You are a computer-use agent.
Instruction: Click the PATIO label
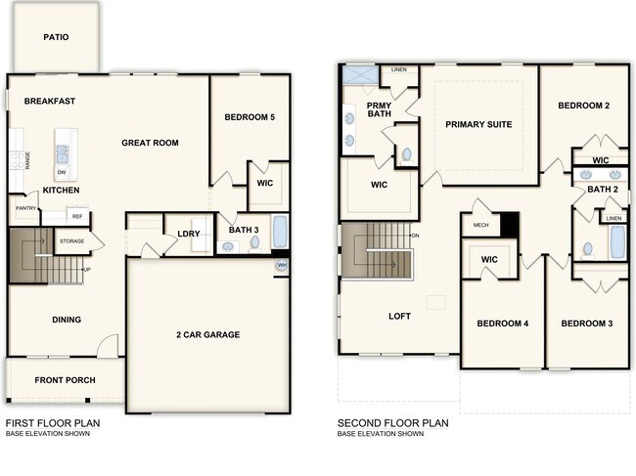point(56,37)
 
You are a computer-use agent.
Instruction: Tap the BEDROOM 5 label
point(250,118)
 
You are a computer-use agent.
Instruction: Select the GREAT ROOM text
point(150,143)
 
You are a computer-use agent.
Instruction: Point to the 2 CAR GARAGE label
point(207,334)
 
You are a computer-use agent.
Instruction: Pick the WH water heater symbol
point(282,265)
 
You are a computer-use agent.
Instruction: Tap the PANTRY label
point(25,207)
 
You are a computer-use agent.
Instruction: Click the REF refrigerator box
point(76,217)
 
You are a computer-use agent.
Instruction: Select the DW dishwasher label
point(61,172)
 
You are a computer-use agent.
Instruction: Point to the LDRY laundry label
point(189,234)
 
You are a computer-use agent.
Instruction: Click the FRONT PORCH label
point(64,380)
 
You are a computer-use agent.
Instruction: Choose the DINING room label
point(67,320)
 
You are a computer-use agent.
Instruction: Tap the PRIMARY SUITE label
point(478,124)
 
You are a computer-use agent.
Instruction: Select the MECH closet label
point(480,225)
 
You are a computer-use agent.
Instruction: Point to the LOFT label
point(399,317)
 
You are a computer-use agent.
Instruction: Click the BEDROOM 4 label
point(502,324)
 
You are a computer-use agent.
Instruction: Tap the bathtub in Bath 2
point(617,241)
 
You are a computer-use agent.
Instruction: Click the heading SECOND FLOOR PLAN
point(392,423)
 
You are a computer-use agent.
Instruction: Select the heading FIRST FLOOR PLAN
point(53,423)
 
